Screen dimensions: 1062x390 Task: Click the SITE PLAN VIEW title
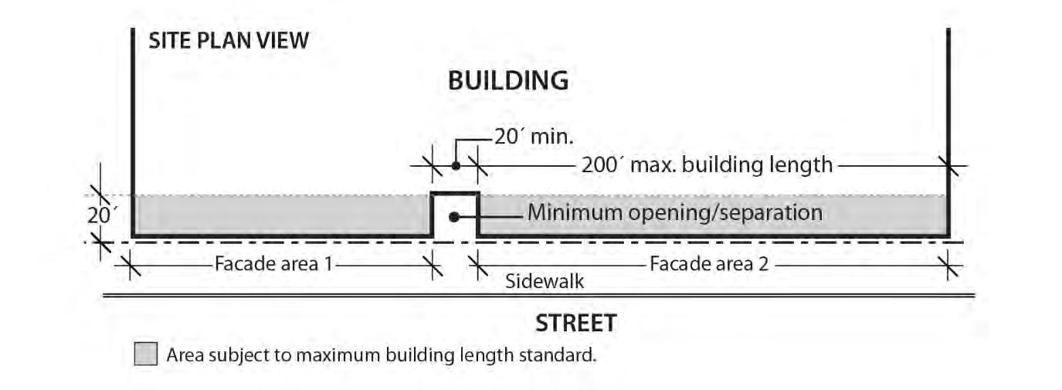[229, 40]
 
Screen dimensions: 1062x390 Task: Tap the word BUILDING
[508, 80]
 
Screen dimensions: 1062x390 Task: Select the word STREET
[576, 323]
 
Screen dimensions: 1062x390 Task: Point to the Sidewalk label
[545, 281]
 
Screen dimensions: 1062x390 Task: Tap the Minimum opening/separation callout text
[674, 212]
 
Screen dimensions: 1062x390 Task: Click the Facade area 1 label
[273, 264]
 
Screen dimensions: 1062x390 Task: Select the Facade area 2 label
[709, 264]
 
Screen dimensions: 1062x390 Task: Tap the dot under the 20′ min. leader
[456, 165]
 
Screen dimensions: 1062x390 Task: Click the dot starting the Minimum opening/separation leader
[455, 217]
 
